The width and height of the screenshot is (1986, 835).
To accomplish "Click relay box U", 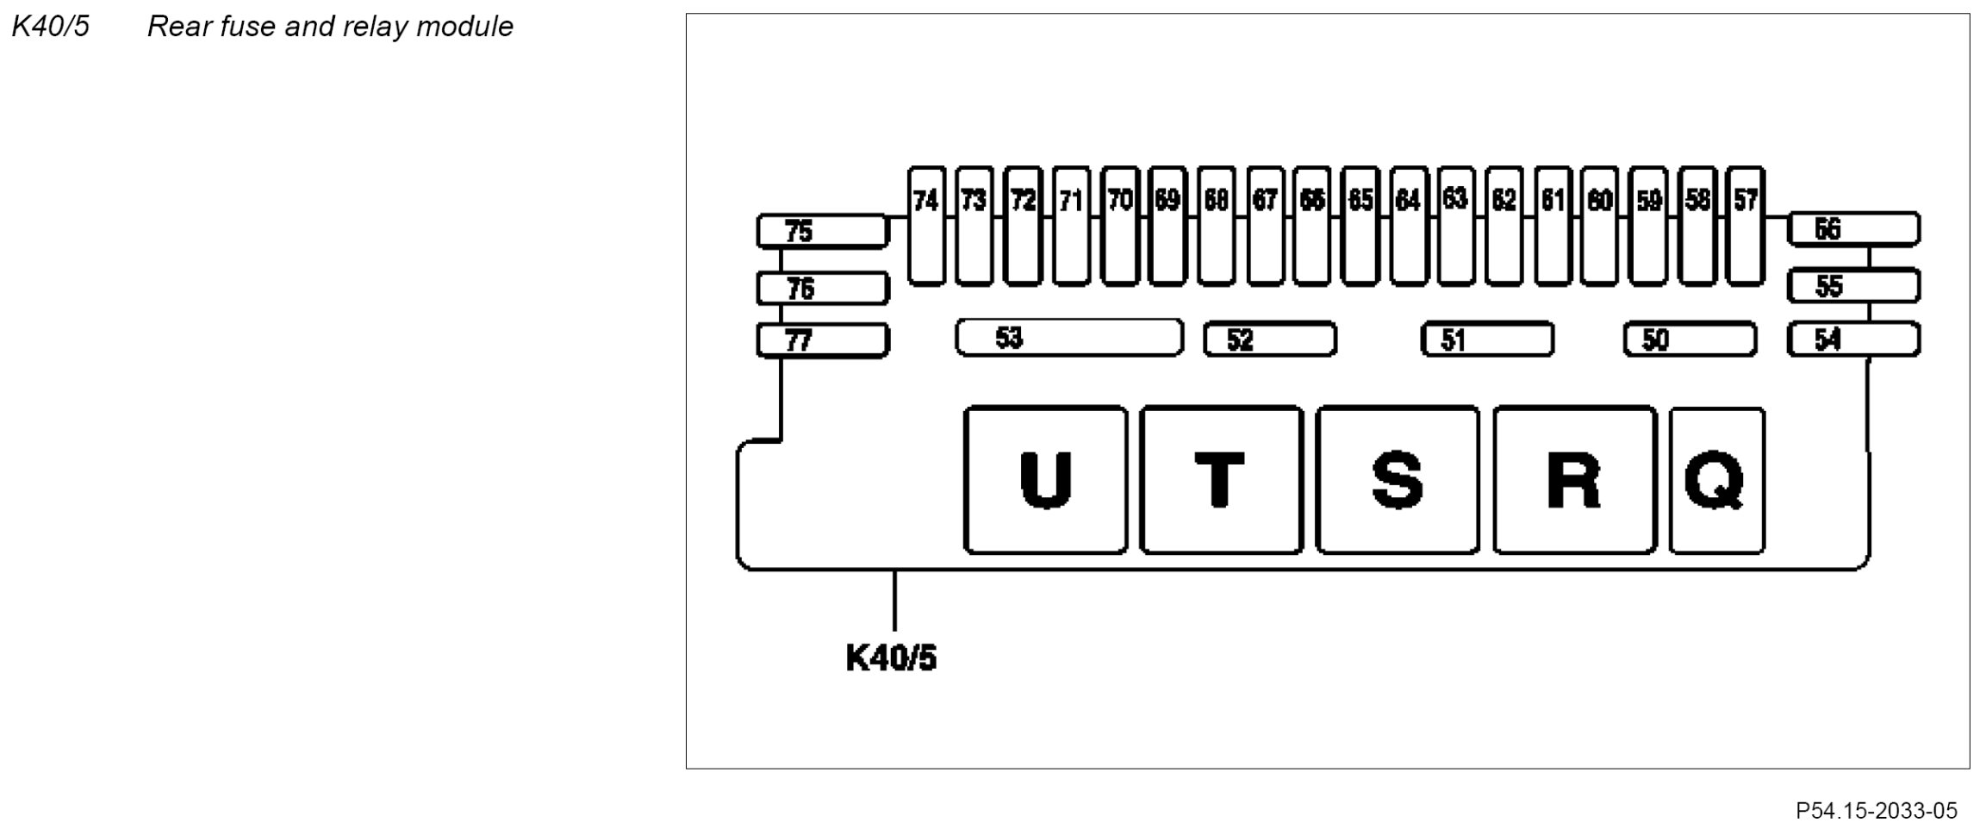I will coord(1045,480).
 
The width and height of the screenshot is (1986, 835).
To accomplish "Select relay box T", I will coord(1221,480).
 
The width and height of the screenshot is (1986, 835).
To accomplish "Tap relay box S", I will coord(1398,480).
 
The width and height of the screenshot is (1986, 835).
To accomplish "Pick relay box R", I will coord(1574,480).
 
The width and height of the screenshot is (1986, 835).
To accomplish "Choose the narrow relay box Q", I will coord(1716,480).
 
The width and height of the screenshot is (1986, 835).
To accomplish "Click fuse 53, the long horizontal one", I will coord(1069,338).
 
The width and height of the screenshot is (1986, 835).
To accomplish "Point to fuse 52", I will coord(1269,340).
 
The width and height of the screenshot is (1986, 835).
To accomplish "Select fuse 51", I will coord(1487,340).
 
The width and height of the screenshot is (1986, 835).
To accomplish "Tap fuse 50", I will coord(1690,340).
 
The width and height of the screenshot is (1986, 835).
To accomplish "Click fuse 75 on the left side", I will coord(822,231).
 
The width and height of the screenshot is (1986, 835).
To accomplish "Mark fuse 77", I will coord(822,341).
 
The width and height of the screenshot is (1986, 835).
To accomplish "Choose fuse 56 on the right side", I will coord(1853,229).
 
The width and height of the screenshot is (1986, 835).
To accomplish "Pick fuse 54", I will coord(1853,340).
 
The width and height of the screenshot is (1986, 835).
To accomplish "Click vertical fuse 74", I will coord(926,226).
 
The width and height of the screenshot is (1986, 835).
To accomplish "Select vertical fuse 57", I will coord(1746,226).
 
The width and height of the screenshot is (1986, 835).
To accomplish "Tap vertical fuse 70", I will coord(1119,226).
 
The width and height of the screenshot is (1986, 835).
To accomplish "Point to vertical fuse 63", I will coord(1455,226).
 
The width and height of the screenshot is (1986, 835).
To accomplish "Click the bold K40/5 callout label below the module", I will coord(891,658).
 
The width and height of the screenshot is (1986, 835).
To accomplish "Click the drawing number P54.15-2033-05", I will coord(1876,811).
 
